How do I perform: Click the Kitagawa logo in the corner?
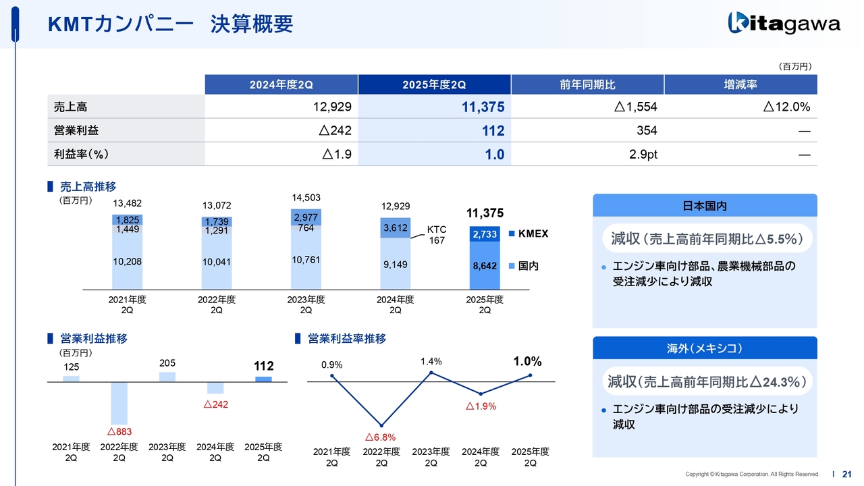(x=784, y=24)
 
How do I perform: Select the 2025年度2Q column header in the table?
(x=434, y=84)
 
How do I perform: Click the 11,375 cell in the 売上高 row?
(x=434, y=107)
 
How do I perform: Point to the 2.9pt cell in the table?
(x=587, y=154)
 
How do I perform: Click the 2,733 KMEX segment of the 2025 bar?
(x=485, y=234)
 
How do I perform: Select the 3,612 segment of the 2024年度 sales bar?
(x=395, y=227)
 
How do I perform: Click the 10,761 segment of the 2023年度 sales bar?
(x=306, y=260)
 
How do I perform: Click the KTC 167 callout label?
(x=436, y=235)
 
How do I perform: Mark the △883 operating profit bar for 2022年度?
(x=119, y=403)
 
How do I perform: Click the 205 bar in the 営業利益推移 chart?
(x=167, y=377)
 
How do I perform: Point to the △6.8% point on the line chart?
(x=381, y=425)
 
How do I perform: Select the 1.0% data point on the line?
(x=531, y=375)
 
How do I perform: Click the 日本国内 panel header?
(x=705, y=205)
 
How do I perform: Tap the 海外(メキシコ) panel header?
(x=705, y=348)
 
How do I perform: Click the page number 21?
(x=847, y=474)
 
